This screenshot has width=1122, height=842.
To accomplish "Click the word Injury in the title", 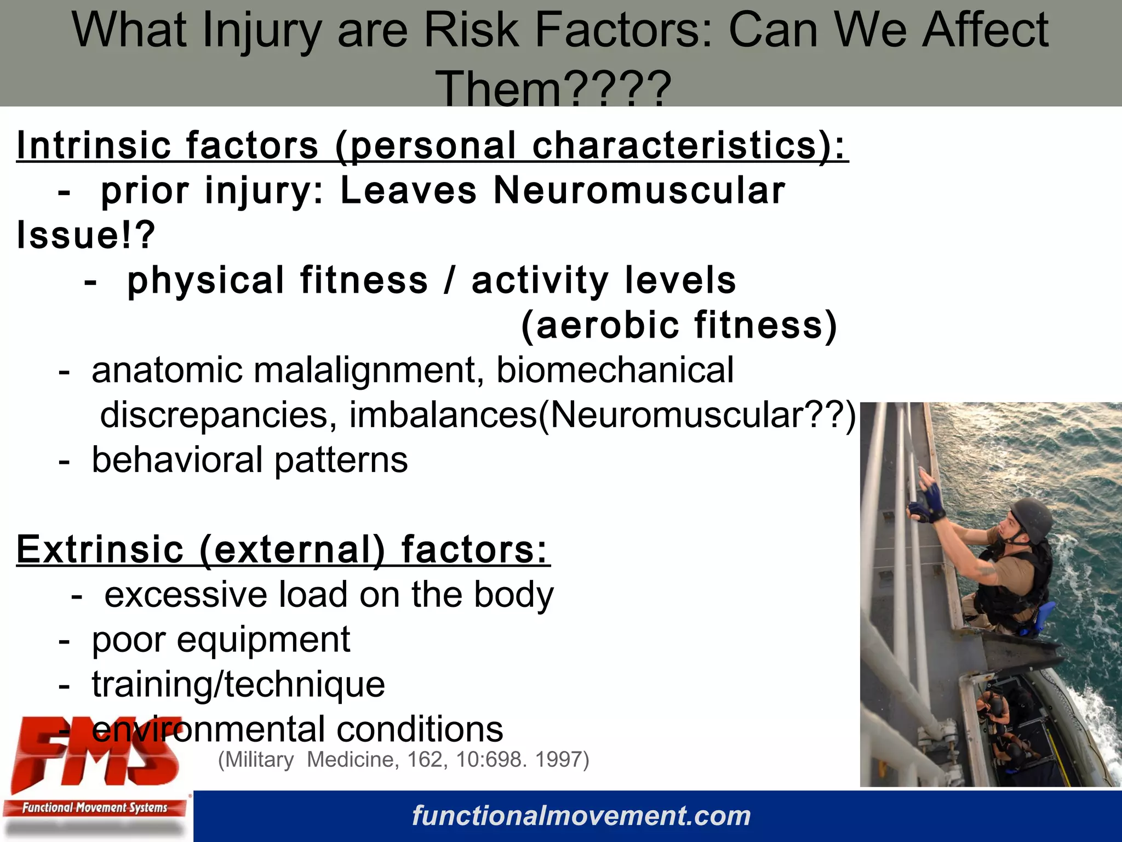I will coord(261,31).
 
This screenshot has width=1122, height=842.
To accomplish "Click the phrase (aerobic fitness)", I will coord(679,325).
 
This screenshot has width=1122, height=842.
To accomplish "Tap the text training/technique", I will coord(238,685).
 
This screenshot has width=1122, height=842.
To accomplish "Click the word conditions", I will coord(420,729).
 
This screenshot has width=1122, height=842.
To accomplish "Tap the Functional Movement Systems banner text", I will coord(94,807).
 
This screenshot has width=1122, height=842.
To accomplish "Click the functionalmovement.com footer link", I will coord(581,816).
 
